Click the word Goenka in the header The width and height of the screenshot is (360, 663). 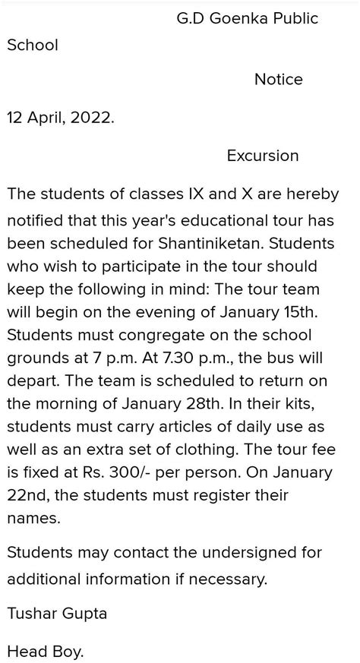pyautogui.click(x=235, y=18)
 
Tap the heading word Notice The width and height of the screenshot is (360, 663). pyautogui.click(x=278, y=80)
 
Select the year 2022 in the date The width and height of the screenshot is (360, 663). pyautogui.click(x=92, y=118)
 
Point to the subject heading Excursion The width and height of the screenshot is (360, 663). pyautogui.click(x=262, y=156)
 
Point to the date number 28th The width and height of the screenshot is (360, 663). pyautogui.click(x=220, y=403)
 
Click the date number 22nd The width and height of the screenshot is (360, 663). pyautogui.click(x=29, y=496)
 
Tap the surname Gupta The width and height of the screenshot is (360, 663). pyautogui.click(x=84, y=614)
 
